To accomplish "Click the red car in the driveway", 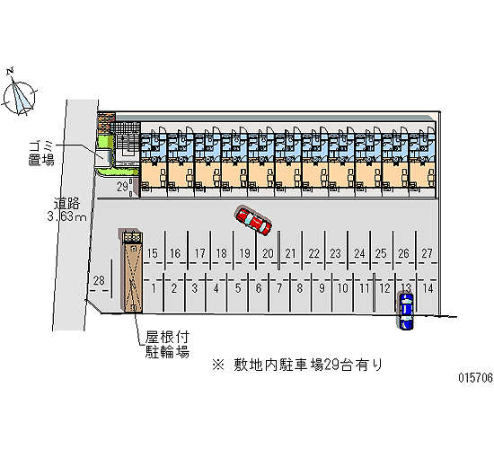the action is pos(253,221).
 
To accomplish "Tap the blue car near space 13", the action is pos(406,311).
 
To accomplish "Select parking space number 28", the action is pos(99,280).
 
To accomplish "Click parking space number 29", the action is pos(122,187).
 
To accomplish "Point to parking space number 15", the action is pos(152,253).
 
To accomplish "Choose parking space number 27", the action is pos(427,253).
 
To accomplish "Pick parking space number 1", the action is pos(154,288).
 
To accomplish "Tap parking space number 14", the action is pos(428,288).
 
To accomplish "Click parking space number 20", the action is pos(268,253).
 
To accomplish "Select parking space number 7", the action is pos(279,288).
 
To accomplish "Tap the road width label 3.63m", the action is pos(66,216).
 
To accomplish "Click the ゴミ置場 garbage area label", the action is pos(41,154).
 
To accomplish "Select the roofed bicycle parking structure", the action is pos(133,272).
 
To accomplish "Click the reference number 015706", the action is pos(476,377).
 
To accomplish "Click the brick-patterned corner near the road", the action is pos(105,123).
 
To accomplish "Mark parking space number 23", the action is pos(335,253).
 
